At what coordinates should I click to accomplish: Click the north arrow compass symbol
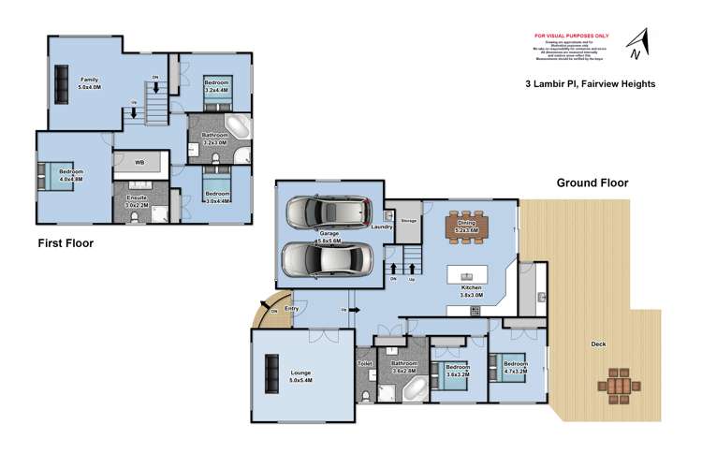coord(639,44)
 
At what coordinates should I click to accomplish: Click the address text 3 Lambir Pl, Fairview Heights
coord(590,83)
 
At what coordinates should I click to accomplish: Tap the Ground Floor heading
coord(592,183)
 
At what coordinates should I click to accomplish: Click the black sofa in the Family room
coord(62,83)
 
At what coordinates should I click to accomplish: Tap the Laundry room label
coord(380,227)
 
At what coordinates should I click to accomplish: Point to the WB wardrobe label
coord(139,164)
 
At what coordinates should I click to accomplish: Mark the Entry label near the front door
coord(291,308)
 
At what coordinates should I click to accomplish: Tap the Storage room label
coord(408,221)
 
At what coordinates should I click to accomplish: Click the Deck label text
coord(599,344)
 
